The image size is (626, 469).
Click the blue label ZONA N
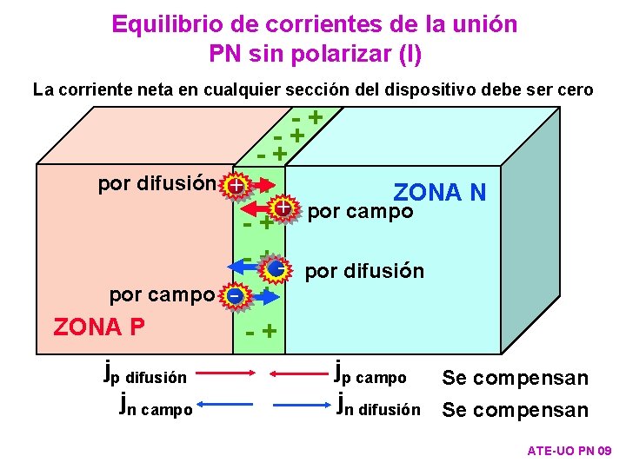click(x=440, y=192)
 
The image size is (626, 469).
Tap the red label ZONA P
click(x=99, y=327)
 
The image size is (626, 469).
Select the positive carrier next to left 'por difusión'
click(x=234, y=185)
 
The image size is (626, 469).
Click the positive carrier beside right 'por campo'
click(x=283, y=208)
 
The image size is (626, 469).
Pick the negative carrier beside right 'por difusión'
click(x=276, y=269)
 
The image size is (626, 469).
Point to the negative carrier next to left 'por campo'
click(x=234, y=295)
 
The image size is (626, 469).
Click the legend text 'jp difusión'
click(x=144, y=375)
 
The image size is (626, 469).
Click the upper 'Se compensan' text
click(x=515, y=378)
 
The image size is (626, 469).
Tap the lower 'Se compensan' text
click(x=515, y=409)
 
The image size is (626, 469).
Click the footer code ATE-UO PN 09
click(x=569, y=452)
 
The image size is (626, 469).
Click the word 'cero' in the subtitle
click(x=575, y=89)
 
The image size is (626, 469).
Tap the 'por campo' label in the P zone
click(x=161, y=295)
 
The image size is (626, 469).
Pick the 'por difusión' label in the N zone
click(x=365, y=271)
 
